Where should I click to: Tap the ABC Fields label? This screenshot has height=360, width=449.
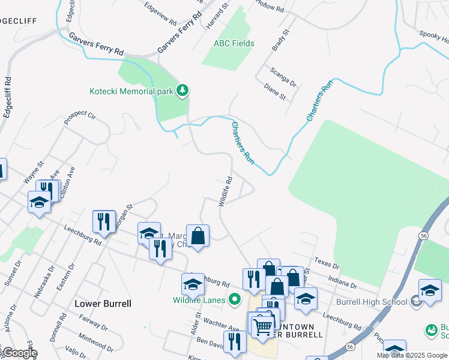234,44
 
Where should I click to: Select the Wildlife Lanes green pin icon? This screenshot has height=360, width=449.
235,299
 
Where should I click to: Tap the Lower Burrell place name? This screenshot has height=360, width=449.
103,304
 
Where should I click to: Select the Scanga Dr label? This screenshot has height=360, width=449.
283,76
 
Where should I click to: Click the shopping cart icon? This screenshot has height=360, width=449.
262,326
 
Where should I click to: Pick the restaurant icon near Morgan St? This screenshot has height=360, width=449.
104,221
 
